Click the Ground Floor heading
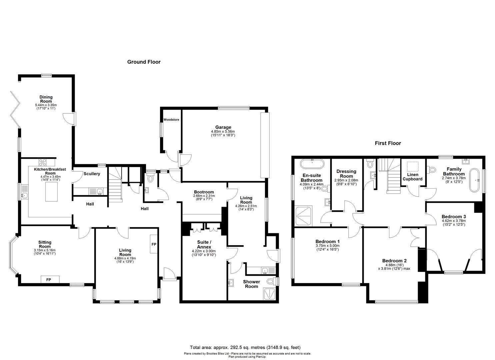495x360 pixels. coord(144,62)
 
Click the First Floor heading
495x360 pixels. coord(388,143)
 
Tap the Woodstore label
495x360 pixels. coord(171,120)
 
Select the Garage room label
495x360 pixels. coord(223,127)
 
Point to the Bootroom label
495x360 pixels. coord(204,192)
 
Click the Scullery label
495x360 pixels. coord(92,174)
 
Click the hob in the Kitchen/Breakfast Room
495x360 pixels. coord(43,162)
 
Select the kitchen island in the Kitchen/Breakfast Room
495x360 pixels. coord(51,192)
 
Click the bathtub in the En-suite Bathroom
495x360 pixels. coord(312,164)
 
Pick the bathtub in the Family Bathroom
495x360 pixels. coord(474,180)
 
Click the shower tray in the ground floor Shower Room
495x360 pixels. coord(269,294)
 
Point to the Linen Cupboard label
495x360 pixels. coord(412,177)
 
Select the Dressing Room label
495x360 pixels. coord(346,174)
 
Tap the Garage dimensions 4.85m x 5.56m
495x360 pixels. coord(223,131)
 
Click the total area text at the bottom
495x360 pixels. coord(245,348)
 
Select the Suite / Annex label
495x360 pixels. coord(204,245)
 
